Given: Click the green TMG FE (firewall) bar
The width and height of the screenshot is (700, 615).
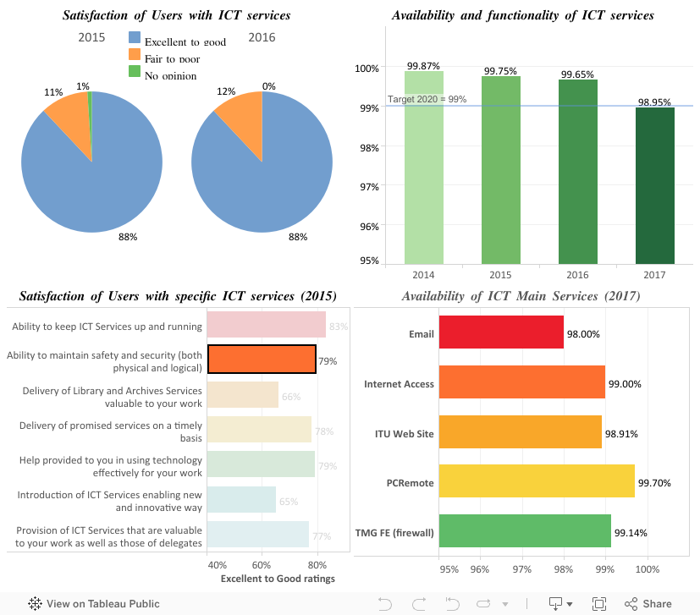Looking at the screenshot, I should pyautogui.click(x=525, y=530).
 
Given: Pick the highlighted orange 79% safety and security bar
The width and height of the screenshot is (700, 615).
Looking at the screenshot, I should pyautogui.click(x=262, y=360).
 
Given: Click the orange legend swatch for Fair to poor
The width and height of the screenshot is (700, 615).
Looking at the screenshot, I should pyautogui.click(x=134, y=54).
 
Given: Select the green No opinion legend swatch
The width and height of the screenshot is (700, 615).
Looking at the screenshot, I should pyautogui.click(x=134, y=71).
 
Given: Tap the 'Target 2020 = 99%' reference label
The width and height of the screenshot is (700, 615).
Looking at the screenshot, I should pyautogui.click(x=427, y=100).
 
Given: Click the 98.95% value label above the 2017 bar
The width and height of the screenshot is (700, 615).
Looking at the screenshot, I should pyautogui.click(x=655, y=102).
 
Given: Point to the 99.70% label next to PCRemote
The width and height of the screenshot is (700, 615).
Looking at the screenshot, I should pyautogui.click(x=654, y=482).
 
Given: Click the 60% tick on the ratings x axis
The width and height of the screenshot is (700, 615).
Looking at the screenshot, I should pyautogui.click(x=262, y=564).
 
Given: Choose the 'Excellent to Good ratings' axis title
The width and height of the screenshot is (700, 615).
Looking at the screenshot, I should pyautogui.click(x=277, y=579).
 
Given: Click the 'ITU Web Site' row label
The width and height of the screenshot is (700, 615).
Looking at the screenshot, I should pyautogui.click(x=404, y=434).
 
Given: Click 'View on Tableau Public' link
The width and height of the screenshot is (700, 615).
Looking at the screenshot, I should pyautogui.click(x=94, y=604).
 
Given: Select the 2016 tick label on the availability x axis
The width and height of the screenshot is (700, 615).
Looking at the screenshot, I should pyautogui.click(x=577, y=275).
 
